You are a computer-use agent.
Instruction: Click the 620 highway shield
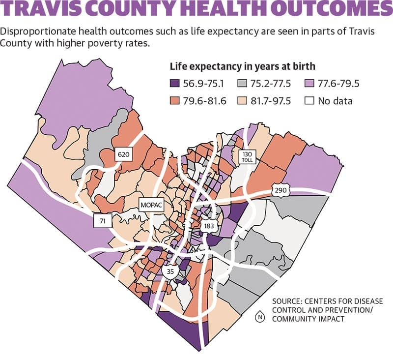click(124, 154)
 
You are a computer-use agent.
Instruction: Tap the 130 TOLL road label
click(248, 157)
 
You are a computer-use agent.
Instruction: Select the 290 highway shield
click(280, 190)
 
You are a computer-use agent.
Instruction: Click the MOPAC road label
click(152, 205)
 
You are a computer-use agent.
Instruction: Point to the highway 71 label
click(103, 221)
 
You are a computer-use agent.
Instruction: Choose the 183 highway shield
click(209, 226)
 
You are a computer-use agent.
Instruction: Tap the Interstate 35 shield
click(170, 271)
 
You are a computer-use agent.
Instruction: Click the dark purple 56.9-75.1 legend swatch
click(175, 83)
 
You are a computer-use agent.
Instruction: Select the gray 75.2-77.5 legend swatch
click(242, 83)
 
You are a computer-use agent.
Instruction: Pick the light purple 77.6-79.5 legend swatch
click(309, 83)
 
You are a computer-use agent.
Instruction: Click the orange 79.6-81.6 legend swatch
click(175, 101)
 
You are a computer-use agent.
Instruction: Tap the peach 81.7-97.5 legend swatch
click(242, 101)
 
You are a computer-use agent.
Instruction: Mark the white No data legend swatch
click(309, 101)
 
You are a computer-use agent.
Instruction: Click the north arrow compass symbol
click(260, 317)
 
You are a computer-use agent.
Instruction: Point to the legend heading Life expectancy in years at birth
click(242, 66)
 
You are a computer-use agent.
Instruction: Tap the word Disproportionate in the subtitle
click(38, 32)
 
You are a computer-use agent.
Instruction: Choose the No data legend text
click(335, 101)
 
